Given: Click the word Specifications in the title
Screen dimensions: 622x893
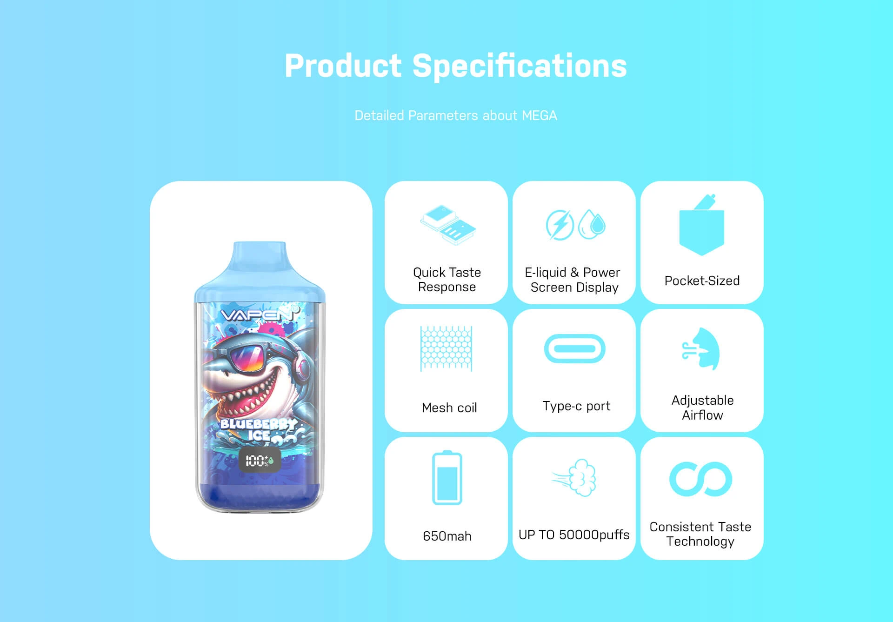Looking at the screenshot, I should click(x=520, y=66).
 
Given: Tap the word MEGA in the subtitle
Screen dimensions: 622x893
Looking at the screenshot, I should click(x=539, y=115).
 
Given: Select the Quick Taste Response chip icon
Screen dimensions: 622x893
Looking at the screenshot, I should click(x=448, y=225).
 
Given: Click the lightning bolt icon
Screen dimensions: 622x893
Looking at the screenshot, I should click(x=560, y=225).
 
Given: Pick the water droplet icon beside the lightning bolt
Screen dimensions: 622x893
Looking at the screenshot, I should click(x=592, y=224).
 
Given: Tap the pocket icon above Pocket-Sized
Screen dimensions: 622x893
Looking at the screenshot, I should click(x=702, y=228).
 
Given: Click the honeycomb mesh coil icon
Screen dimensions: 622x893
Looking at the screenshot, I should click(x=446, y=348).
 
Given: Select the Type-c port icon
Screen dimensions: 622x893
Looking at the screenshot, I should click(x=574, y=348).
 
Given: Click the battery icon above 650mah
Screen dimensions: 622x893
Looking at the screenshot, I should click(x=447, y=478).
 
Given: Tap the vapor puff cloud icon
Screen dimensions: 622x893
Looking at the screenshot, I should click(x=577, y=478).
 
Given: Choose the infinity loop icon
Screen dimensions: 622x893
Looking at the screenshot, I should click(x=700, y=479).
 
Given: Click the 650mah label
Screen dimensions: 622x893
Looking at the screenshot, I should click(x=447, y=536).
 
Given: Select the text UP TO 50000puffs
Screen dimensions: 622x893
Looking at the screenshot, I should click(x=574, y=535).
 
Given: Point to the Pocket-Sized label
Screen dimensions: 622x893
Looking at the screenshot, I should click(x=702, y=281).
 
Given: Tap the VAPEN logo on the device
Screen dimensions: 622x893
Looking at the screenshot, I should click(x=258, y=315).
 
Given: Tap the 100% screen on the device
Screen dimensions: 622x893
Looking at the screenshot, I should click(x=259, y=461).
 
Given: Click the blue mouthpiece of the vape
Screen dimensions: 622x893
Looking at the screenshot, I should click(x=259, y=261).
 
